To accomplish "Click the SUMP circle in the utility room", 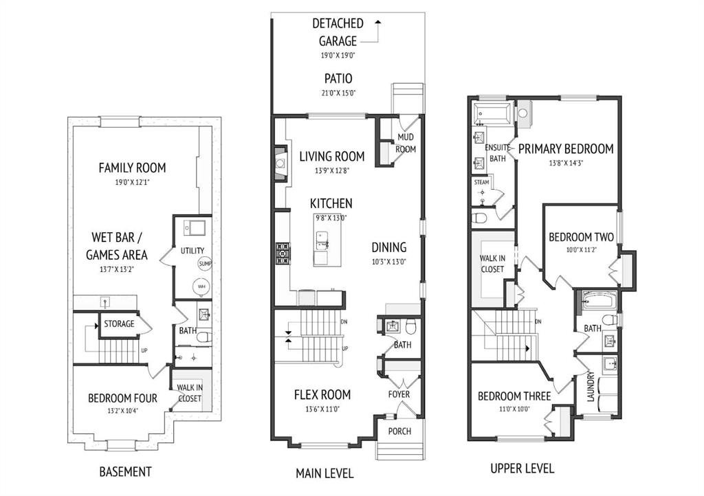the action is [205, 264].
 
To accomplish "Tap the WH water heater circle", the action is [201, 286].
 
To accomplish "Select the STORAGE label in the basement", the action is [119, 324].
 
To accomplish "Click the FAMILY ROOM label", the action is [132, 168].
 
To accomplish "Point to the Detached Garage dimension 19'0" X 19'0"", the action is [338, 56].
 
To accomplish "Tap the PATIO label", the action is [338, 78].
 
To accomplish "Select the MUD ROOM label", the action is [406, 143].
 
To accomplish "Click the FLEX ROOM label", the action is [322, 394].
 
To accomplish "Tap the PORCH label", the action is [399, 431].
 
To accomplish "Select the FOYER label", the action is [399, 394].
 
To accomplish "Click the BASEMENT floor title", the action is [125, 472].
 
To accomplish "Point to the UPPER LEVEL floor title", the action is [522, 469].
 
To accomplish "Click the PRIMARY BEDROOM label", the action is [566, 149].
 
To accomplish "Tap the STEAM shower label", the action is [481, 182].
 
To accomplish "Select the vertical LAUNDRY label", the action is [591, 387].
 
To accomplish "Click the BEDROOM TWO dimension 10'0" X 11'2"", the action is [581, 250].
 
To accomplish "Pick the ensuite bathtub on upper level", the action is [493, 113].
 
